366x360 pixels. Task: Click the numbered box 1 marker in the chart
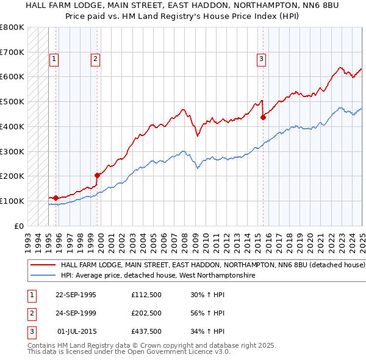[54, 59]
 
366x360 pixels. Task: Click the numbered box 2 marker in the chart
[96, 59]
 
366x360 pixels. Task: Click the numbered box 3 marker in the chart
[261, 59]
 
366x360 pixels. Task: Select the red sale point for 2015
[263, 117]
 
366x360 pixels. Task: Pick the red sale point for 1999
[97, 175]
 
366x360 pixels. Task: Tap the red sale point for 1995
[56, 198]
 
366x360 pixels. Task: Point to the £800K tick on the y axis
[12, 27]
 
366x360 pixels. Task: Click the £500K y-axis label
[12, 102]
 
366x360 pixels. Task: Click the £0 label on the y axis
[19, 226]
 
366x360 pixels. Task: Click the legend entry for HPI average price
[157, 276]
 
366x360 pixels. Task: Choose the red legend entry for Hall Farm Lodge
[212, 265]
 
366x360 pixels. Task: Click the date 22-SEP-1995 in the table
[76, 295]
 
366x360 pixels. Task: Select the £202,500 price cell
[146, 314]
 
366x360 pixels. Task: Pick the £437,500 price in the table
[146, 332]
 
